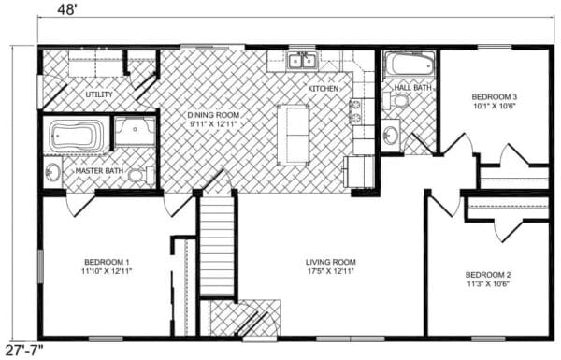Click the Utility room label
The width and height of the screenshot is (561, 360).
click(99, 94)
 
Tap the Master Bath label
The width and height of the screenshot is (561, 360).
click(99, 171)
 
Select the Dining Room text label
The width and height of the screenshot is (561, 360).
click(213, 115)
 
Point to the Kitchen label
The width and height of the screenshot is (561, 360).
click(324, 89)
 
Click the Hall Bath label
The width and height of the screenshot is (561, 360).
click(412, 87)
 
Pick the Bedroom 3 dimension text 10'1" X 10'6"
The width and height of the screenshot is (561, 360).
click(495, 106)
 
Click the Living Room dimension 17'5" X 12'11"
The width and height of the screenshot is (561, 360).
click(330, 271)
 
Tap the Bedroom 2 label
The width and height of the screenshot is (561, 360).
click(488, 275)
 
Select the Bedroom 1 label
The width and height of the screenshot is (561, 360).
click(107, 262)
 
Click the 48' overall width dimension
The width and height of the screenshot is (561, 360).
click(67, 9)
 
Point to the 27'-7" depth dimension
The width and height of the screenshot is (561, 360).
click(24, 351)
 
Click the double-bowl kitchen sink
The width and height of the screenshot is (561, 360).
click(302, 61)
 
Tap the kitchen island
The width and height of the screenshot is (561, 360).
click(293, 135)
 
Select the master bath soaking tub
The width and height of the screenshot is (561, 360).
click(76, 136)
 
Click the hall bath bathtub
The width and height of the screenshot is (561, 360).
click(410, 65)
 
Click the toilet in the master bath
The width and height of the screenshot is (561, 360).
click(141, 176)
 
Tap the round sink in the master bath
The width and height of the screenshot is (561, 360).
click(52, 173)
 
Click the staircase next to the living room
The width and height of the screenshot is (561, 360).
click(218, 247)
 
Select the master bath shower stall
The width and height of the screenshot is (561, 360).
click(135, 131)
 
